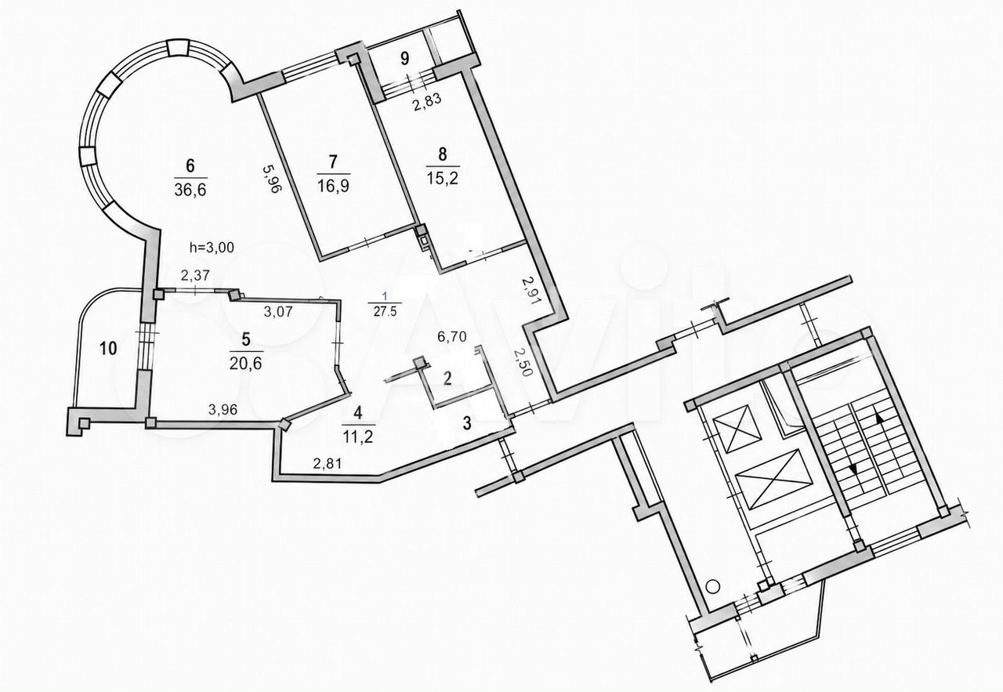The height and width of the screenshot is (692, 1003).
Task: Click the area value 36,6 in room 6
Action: pyautogui.click(x=190, y=190)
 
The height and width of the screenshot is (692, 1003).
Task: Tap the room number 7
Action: pyautogui.click(x=333, y=162)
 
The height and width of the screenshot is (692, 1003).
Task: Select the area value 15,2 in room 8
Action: pyautogui.click(x=442, y=178)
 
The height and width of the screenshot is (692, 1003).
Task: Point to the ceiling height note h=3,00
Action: pyautogui.click(x=212, y=247)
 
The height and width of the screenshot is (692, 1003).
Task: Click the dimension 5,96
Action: pyautogui.click(x=271, y=178)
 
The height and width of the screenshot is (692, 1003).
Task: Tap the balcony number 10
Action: pyautogui.click(x=108, y=348)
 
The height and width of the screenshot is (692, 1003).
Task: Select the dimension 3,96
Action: pyautogui.click(x=223, y=409)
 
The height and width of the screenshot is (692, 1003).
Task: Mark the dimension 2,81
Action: pyautogui.click(x=328, y=463)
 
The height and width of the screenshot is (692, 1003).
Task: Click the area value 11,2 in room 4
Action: pyautogui.click(x=358, y=437)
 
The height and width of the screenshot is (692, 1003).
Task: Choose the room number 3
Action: pyautogui.click(x=466, y=423)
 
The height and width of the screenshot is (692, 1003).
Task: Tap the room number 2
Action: pyautogui.click(x=447, y=379)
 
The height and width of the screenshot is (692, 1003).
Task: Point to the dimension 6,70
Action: pyautogui.click(x=452, y=336)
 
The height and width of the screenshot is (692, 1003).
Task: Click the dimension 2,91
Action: pyautogui.click(x=529, y=291)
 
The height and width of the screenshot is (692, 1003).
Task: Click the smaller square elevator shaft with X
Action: pyautogui.click(x=737, y=429)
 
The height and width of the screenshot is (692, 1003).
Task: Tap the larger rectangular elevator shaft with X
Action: pyautogui.click(x=773, y=479)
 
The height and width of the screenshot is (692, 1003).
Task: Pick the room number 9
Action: pyautogui.click(x=405, y=58)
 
